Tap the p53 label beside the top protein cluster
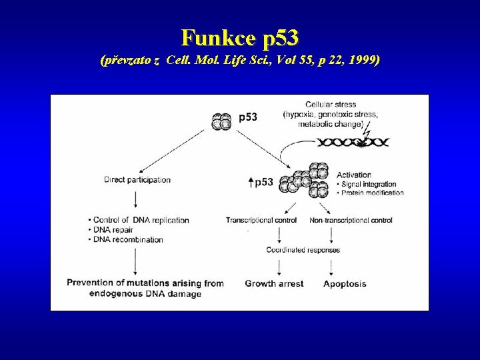coord(248,117)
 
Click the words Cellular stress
coord(330,105)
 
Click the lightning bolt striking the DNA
coord(366,137)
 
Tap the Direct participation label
coord(137,179)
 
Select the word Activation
coord(353,175)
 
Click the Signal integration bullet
coord(369,184)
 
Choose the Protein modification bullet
coord(372,193)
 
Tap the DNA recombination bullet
coord(127,239)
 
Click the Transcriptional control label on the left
coord(262,220)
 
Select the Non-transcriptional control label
coord(351,220)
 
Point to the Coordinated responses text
coord(303,250)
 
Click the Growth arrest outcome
coord(274,283)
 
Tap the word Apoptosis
coord(345,283)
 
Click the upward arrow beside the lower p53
coord(249,182)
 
